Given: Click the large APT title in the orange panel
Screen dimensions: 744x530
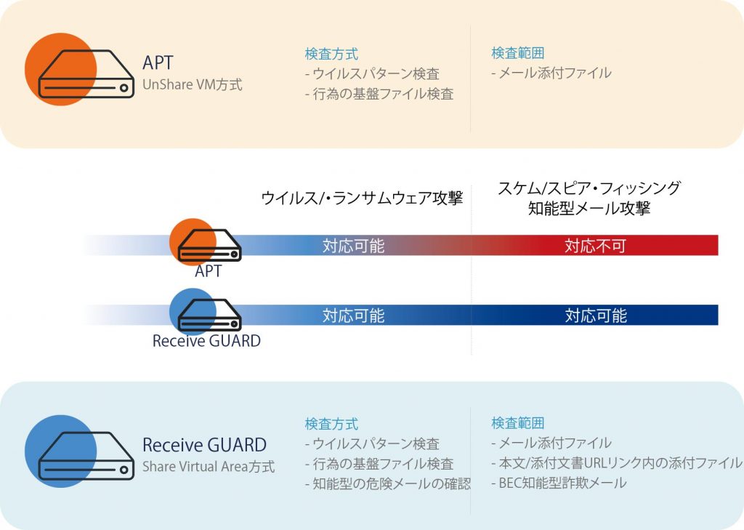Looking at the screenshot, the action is (158, 63).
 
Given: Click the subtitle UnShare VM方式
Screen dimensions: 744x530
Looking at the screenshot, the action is (192, 84).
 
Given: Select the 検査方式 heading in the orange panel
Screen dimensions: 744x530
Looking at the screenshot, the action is (331, 54).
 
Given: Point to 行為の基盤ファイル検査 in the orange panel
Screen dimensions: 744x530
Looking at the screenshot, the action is (379, 94).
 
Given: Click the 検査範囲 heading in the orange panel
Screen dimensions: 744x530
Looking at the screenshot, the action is (517, 53).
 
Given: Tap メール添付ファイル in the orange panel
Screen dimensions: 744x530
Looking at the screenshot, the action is (551, 73).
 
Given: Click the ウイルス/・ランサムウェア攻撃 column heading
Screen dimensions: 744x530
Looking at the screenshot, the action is (362, 198).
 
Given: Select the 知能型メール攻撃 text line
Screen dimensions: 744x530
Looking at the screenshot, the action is (589, 208).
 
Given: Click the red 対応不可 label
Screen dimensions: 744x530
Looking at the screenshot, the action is (595, 246).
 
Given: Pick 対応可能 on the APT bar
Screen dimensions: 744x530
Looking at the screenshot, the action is (354, 246).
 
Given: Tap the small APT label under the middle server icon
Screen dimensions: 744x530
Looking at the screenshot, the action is (208, 270).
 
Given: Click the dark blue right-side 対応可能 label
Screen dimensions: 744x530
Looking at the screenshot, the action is (596, 316).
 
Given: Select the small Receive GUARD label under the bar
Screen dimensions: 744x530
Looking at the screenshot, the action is (206, 340).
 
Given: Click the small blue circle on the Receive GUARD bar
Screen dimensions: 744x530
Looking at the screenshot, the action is (193, 312).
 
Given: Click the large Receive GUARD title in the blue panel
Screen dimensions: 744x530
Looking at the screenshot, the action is (204, 445).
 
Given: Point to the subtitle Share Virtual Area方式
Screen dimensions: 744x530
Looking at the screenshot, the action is (209, 466).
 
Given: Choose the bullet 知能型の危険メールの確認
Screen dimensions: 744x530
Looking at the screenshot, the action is (388, 483).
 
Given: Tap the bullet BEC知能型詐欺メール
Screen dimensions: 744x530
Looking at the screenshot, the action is (559, 483).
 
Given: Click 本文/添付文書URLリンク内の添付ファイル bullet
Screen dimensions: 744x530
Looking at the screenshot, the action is (617, 462).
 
